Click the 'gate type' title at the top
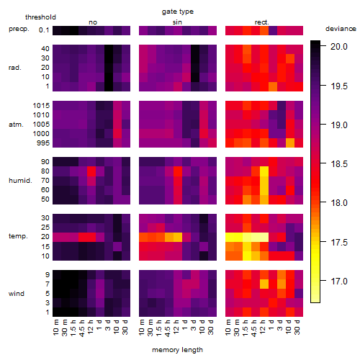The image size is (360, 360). pos(178,12)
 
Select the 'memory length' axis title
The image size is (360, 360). pos(177,350)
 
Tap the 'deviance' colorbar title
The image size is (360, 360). pos(341,29)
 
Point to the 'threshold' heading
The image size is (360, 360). pos(40,17)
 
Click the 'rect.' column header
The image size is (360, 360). pos(262,22)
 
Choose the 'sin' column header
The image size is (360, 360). pos(177,22)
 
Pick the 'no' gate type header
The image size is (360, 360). pos(93,22)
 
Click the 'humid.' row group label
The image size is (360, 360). pos(20,181)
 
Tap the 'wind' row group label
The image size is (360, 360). pos(17,294)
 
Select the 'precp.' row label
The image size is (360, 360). pos(19,29)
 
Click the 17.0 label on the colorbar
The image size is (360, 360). pos(338,281)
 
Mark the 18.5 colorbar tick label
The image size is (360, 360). pos(338,164)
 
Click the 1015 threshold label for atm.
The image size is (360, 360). pos(41,106)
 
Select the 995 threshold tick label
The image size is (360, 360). pos(43,143)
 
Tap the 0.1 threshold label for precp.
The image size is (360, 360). pos(44,30)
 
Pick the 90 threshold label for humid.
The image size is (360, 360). pos(45,162)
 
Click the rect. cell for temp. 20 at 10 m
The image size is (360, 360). pos(230,237)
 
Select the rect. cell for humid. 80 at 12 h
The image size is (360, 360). pos(264,171)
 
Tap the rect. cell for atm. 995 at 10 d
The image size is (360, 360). pos(290,143)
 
